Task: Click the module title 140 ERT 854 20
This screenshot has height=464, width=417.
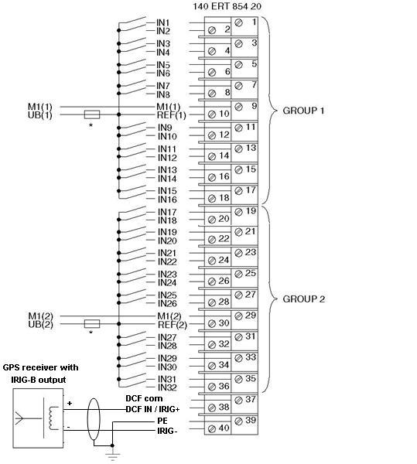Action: [227, 6]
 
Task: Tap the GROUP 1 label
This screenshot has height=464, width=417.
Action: [303, 111]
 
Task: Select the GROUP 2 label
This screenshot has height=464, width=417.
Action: [304, 299]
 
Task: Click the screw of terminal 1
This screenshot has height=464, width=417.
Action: [238, 22]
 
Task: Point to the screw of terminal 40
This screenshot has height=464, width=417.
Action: [212, 428]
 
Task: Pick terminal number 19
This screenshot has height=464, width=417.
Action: [251, 211]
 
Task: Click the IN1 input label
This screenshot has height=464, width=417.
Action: [163, 22]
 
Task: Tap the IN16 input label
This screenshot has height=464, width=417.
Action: [167, 200]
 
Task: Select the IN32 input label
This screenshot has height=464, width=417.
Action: [167, 387]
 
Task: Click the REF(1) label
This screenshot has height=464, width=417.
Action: [172, 114]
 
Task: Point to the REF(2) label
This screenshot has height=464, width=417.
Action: [173, 325]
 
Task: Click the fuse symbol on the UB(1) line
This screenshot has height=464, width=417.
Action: [92, 114]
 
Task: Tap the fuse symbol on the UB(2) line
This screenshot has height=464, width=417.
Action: [92, 324]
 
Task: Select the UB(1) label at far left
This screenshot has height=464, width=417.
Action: [40, 114]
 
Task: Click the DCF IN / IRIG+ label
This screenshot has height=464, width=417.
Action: [152, 409]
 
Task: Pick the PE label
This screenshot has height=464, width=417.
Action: [162, 421]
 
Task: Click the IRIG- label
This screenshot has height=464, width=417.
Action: [167, 431]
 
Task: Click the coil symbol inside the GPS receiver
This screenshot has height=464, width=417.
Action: [54, 418]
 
